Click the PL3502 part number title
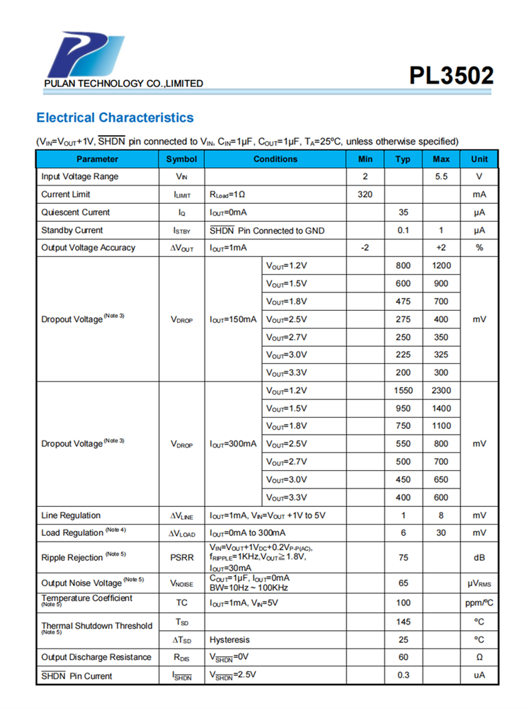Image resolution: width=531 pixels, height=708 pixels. pyautogui.click(x=451, y=76)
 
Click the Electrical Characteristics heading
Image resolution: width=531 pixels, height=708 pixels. pyautogui.click(x=115, y=118)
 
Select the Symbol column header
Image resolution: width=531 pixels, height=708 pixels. pyautogui.click(x=181, y=159)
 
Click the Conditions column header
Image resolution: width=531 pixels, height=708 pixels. pyautogui.click(x=275, y=159)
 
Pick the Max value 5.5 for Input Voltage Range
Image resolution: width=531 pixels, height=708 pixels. pyautogui.click(x=441, y=177)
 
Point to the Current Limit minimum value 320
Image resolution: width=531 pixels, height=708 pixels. pyautogui.click(x=365, y=195)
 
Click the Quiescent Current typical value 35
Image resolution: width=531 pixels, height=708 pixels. pyautogui.click(x=404, y=212)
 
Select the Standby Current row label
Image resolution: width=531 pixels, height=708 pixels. pyautogui.click(x=72, y=230)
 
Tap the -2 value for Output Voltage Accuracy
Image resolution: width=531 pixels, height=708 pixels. pyautogui.click(x=365, y=248)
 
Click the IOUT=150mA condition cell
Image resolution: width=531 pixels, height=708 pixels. pyautogui.click(x=233, y=319)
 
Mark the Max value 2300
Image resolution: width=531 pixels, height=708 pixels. pyautogui.click(x=441, y=391)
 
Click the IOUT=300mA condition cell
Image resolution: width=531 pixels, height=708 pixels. pyautogui.click(x=233, y=444)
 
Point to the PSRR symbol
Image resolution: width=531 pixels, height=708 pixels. pyautogui.click(x=181, y=558)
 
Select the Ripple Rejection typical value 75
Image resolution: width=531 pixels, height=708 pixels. pyautogui.click(x=404, y=558)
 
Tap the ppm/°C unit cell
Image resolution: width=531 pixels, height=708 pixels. pyautogui.click(x=479, y=603)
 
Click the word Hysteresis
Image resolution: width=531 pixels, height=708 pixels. pyautogui.click(x=230, y=640)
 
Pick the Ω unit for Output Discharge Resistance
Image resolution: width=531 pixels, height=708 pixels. pyautogui.click(x=479, y=658)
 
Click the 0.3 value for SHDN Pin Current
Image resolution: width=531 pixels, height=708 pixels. pyautogui.click(x=404, y=675)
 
